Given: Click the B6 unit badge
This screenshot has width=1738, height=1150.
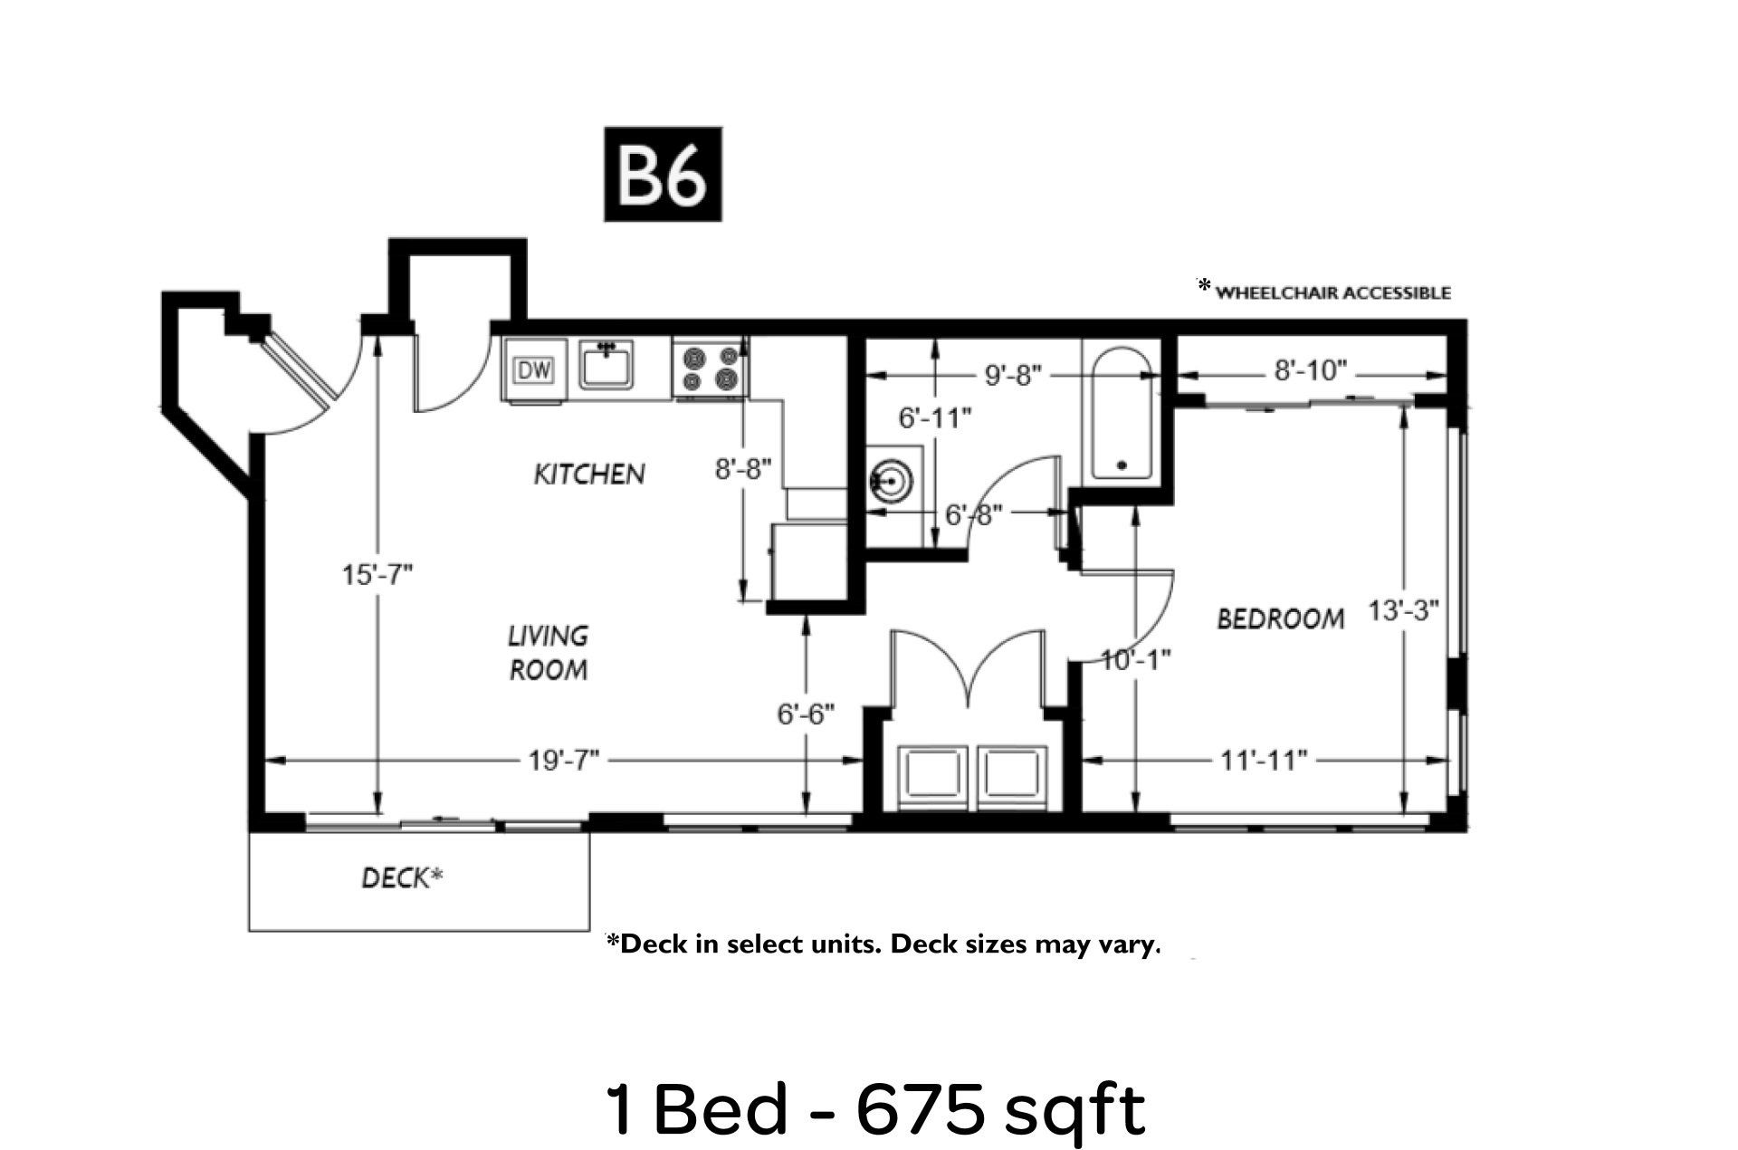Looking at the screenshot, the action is pos(663,174).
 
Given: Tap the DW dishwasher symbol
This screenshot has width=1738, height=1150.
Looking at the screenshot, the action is pos(534,369).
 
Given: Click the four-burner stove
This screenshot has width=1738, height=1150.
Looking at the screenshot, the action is pos(709,367).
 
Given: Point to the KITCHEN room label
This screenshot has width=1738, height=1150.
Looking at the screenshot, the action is pos(589,474).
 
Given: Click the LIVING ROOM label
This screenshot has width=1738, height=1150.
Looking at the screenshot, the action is pos(548,653).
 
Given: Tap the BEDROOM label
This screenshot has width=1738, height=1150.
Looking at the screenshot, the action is pos(1280,619).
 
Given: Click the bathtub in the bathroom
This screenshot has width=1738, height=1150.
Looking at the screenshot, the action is pos(1122,415).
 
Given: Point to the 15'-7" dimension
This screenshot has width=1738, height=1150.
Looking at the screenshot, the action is pos(377,574).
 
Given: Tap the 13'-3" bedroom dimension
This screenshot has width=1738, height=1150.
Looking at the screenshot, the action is pos(1403,610).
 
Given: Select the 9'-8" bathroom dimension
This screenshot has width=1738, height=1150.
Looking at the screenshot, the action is pos(1013,375).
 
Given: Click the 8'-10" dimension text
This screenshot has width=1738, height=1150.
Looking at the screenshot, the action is pos(1311,370).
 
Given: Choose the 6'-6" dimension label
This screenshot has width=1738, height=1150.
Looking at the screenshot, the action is pos(806,714).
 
